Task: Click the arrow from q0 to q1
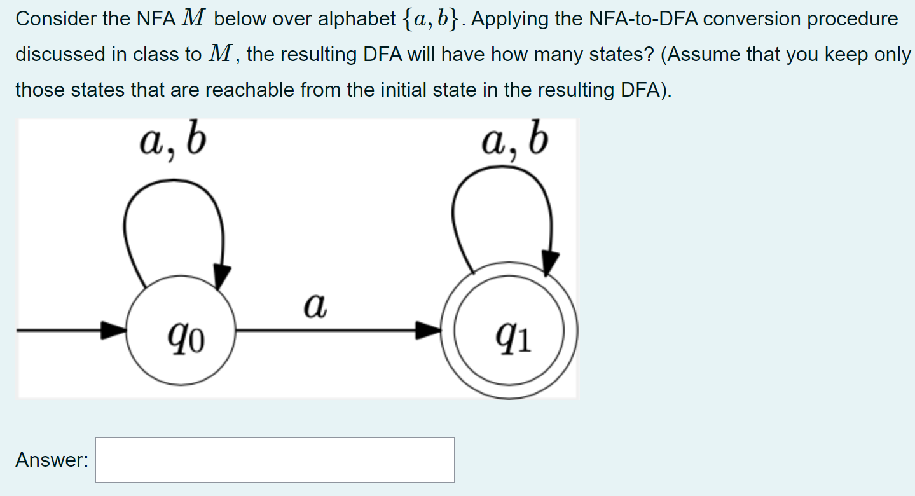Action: [337, 330]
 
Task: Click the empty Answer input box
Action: [275, 460]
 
